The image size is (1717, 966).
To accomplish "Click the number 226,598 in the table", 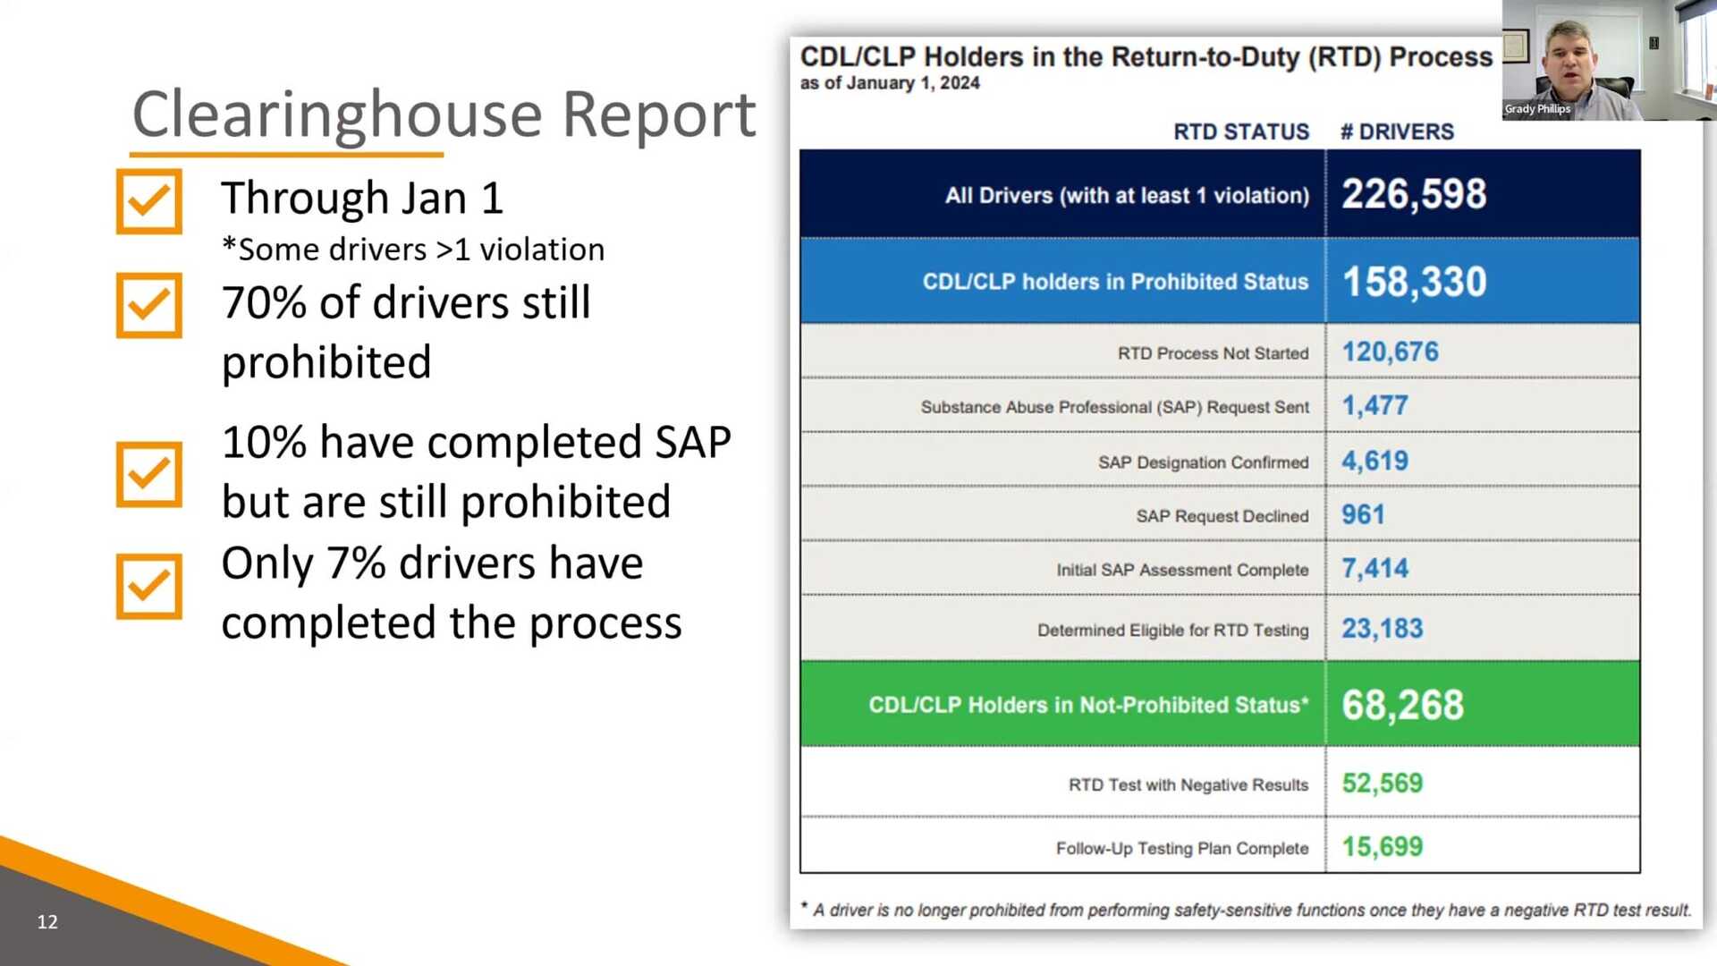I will tap(1414, 194).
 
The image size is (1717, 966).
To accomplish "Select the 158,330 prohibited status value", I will tap(1414, 282).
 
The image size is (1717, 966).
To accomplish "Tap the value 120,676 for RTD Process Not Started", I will tap(1390, 352).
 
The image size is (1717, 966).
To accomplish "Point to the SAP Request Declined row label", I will tap(1222, 516).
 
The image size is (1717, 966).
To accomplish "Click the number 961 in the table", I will tap(1363, 514).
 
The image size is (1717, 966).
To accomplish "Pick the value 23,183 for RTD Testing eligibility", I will tap(1382, 629).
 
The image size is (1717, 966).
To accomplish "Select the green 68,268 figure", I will tap(1402, 705).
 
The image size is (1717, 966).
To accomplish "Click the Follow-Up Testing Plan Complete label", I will tap(1181, 848).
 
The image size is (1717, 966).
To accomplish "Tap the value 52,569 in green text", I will tap(1382, 784).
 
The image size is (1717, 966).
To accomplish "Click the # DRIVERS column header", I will tap(1397, 131).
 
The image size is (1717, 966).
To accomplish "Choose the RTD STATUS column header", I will tap(1240, 131).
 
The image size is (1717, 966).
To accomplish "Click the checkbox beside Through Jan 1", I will tap(148, 201).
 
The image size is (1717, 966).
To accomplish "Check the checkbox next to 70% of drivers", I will tap(148, 305).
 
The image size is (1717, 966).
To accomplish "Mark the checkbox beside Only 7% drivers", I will tap(148, 587).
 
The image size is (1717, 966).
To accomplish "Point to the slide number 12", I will tap(47, 921).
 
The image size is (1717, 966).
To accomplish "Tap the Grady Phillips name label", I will tap(1536, 109).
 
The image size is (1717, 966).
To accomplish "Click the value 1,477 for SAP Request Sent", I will tap(1374, 406).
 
